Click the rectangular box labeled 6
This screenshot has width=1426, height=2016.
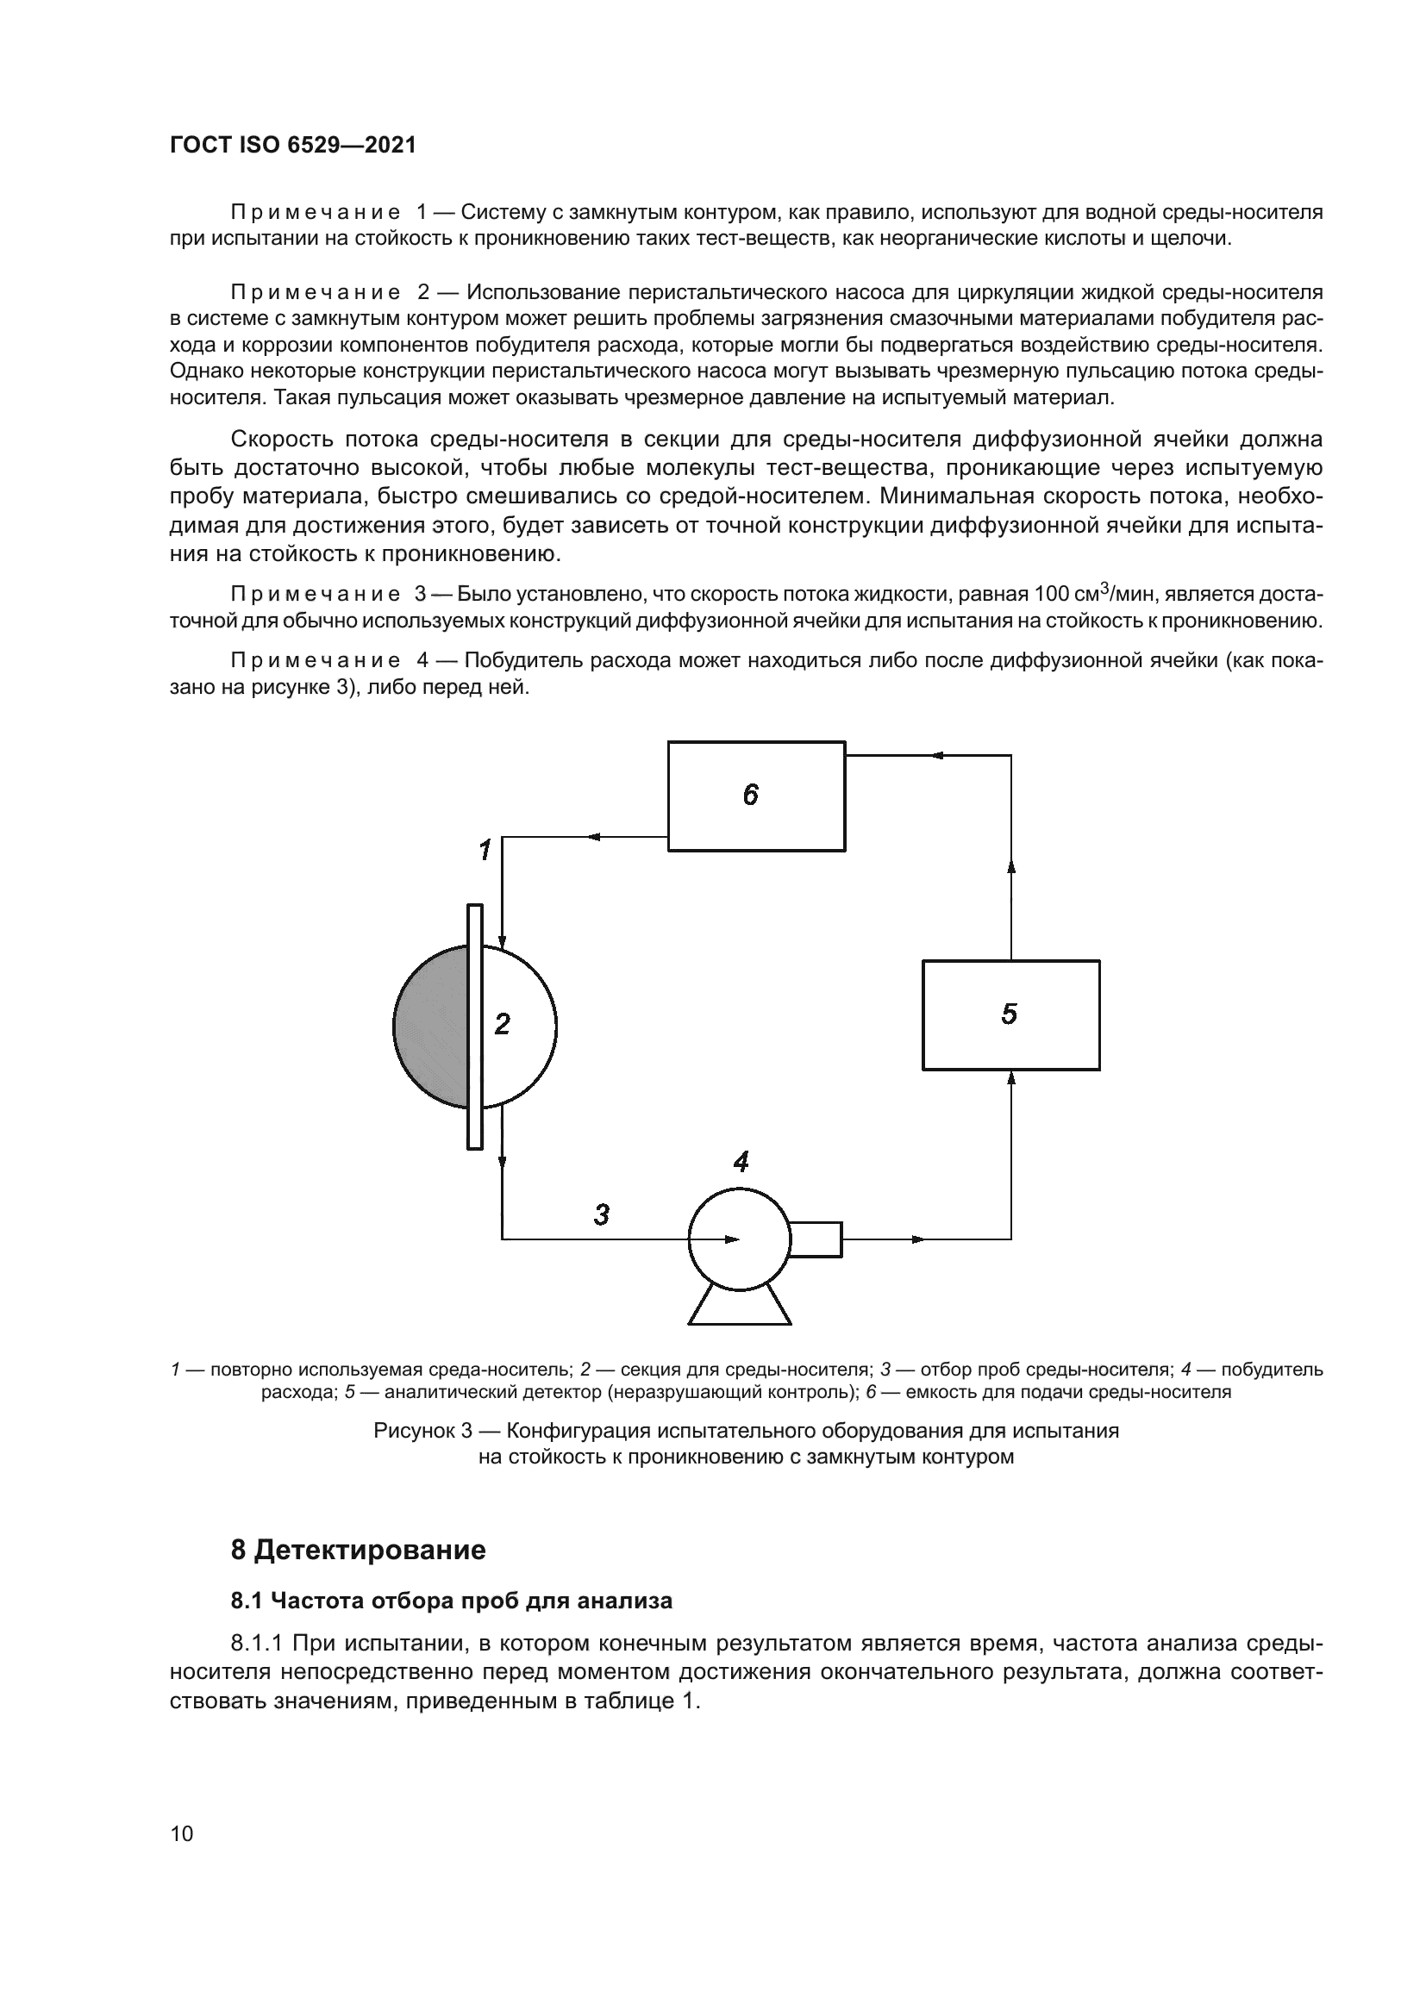tap(756, 796)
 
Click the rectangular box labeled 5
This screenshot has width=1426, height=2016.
tap(1010, 1015)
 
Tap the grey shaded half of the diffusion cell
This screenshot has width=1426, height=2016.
tap(431, 1026)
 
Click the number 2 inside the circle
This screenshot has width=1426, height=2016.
tap(503, 1024)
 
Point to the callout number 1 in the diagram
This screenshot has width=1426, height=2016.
tap(485, 850)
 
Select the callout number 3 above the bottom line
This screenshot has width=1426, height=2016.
tap(602, 1215)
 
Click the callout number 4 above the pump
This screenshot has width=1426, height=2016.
tap(741, 1163)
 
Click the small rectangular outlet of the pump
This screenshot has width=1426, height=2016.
tap(816, 1239)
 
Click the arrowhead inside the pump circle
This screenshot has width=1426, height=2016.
tap(731, 1239)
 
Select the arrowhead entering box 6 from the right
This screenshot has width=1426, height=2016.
tap(938, 755)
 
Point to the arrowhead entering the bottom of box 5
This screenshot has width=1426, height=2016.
tap(1011, 1078)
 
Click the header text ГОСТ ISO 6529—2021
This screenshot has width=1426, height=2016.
tap(292, 145)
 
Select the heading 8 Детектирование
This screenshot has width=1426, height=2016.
tap(359, 1551)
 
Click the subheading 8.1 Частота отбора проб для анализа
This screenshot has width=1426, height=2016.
tap(451, 1601)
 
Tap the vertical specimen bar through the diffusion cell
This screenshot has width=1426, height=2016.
tap(475, 1026)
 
